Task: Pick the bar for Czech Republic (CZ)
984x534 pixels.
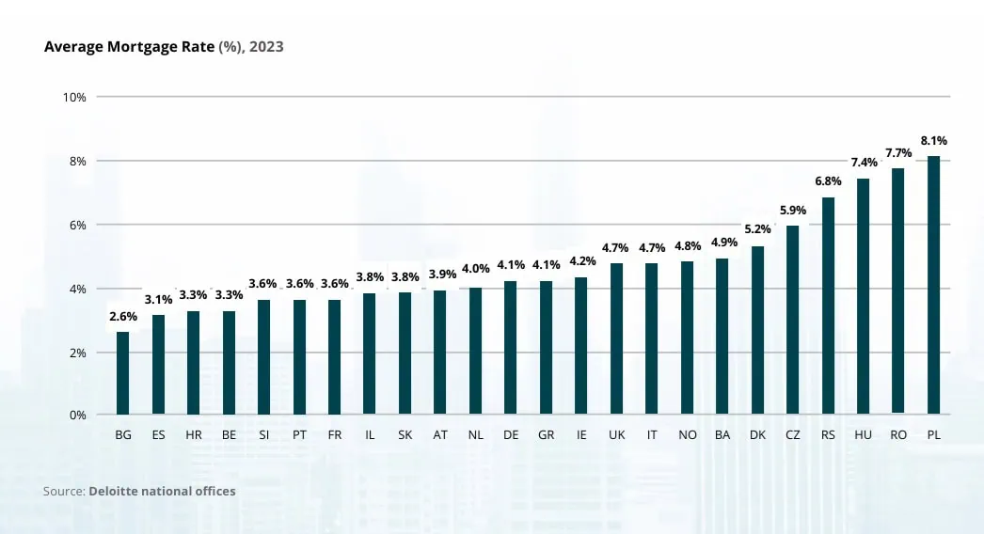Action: (793, 320)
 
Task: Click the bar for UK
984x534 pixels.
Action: (616, 338)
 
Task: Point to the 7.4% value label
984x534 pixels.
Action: (863, 163)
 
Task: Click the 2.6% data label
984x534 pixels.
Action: (123, 317)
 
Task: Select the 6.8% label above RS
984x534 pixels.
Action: (828, 181)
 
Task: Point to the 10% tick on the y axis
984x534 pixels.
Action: (74, 97)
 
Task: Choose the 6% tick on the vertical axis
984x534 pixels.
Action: (77, 225)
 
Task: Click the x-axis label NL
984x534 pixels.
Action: (476, 435)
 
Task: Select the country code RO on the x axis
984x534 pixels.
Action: (898, 435)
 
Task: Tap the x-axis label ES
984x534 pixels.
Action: (158, 435)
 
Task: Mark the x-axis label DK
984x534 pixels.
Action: (757, 435)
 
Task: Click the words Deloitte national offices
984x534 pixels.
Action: (162, 491)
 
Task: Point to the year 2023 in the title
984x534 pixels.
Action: (265, 46)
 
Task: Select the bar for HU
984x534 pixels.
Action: (863, 296)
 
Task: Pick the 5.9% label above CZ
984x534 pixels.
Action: (793, 210)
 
